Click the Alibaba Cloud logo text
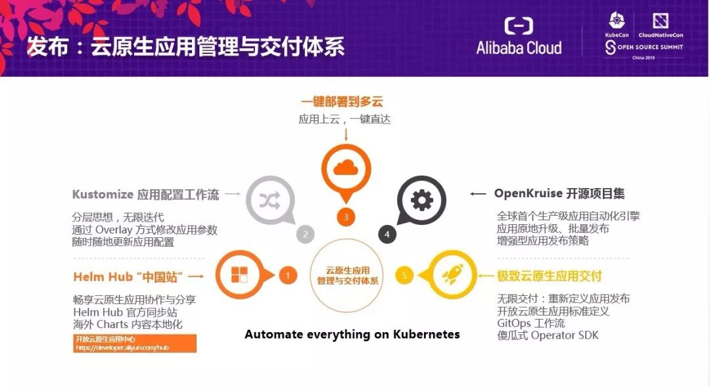pyautogui.click(x=519, y=47)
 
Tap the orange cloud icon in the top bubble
pyautogui.click(x=346, y=168)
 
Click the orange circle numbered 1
pyautogui.click(x=287, y=275)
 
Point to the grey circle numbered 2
pyautogui.click(x=305, y=233)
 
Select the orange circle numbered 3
pyautogui.click(x=346, y=216)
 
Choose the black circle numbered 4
pyautogui.click(x=387, y=233)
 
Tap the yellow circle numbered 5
pyautogui.click(x=404, y=275)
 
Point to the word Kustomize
pyautogui.click(x=103, y=195)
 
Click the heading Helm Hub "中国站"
pyautogui.click(x=128, y=276)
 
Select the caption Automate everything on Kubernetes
pyautogui.click(x=352, y=334)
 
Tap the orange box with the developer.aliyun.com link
pyautogui.click(x=135, y=343)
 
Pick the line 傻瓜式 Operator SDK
pyautogui.click(x=548, y=336)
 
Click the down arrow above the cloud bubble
pyautogui.click(x=346, y=134)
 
